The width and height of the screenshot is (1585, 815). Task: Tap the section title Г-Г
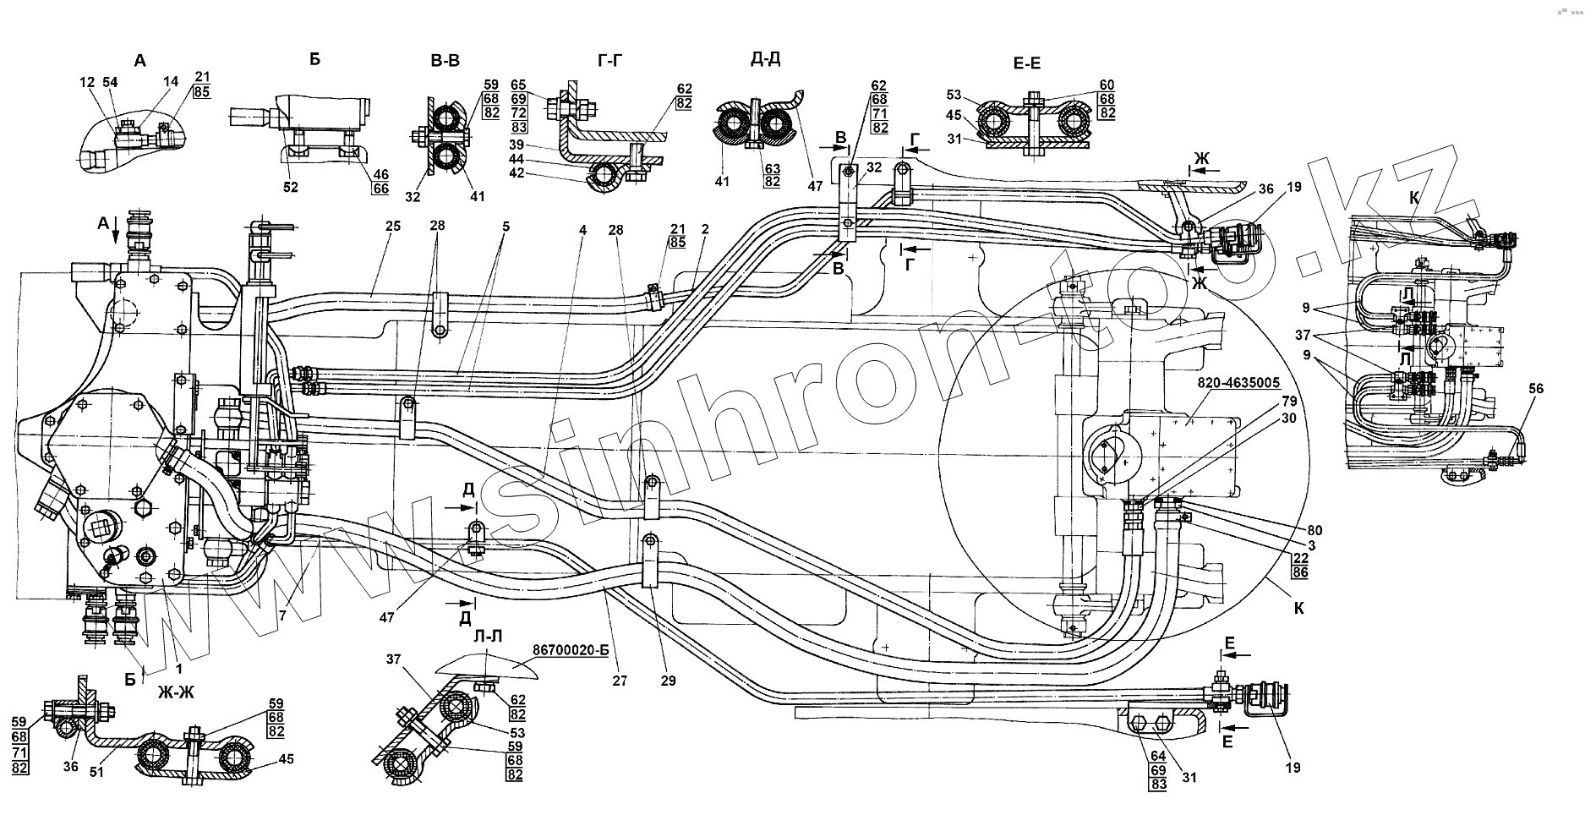tap(611, 60)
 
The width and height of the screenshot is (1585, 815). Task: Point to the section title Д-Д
tap(765, 60)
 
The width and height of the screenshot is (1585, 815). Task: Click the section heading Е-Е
tap(1026, 63)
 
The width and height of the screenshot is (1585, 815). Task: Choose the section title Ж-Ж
tap(176, 691)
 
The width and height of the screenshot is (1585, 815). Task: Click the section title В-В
tap(445, 60)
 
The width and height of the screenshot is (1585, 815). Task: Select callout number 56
tap(1536, 388)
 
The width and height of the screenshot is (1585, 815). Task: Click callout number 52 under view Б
tap(291, 188)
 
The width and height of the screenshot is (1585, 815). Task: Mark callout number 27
tap(620, 680)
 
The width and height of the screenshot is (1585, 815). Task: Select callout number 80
tap(1314, 531)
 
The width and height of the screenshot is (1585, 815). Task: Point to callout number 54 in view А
tap(110, 81)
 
